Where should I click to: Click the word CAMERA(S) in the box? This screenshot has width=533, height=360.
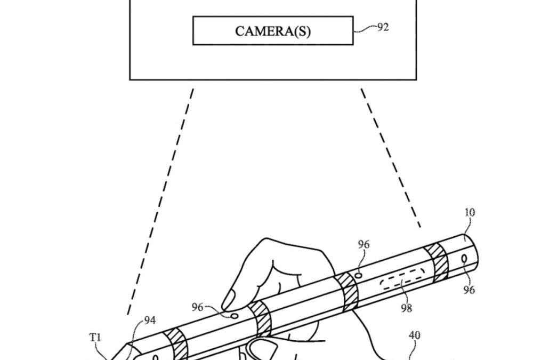pyautogui.click(x=272, y=31)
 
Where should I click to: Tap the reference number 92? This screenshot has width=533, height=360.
pyautogui.click(x=383, y=27)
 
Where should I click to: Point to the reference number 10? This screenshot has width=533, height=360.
pyautogui.click(x=469, y=212)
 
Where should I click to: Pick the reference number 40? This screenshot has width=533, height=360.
pyautogui.click(x=414, y=335)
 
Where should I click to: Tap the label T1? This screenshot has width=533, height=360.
pyautogui.click(x=94, y=337)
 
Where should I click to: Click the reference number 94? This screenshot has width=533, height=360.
pyautogui.click(x=150, y=321)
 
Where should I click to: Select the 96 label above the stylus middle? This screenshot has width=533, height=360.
pyautogui.click(x=364, y=244)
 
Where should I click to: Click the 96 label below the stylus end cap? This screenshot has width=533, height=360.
pyautogui.click(x=469, y=290)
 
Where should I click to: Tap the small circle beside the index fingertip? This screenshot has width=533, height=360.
pyautogui.click(x=234, y=316)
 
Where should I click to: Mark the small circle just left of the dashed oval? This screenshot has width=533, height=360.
pyautogui.click(x=359, y=275)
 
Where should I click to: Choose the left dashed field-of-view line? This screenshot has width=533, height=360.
pyautogui.click(x=160, y=203)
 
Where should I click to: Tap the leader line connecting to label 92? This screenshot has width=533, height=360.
pyautogui.click(x=365, y=29)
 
